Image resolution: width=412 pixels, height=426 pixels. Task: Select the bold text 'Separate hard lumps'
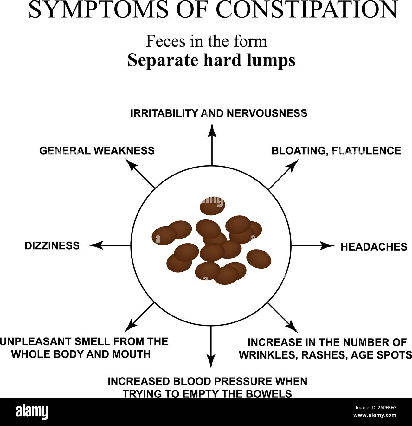(211, 60)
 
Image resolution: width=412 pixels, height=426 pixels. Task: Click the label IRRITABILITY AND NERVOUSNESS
(219, 113)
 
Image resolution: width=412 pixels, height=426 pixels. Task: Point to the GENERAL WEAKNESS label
(97, 150)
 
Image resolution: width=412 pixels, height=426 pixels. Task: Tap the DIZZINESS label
(52, 245)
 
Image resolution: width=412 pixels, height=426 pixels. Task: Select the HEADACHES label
(374, 247)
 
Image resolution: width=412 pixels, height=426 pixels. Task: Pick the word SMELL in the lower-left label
(90, 341)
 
